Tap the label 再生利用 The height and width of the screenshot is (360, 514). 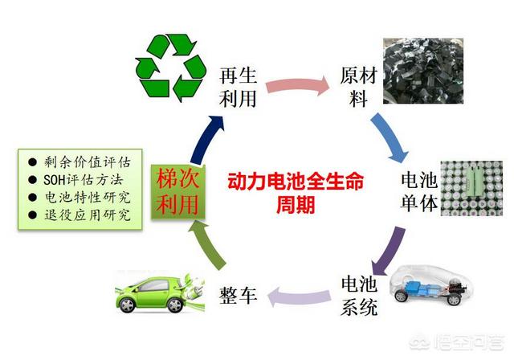coord(238,88)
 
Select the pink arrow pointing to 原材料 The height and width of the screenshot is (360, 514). coord(297,86)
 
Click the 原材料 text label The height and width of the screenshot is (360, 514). coord(358,88)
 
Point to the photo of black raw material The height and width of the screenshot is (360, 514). coord(423,71)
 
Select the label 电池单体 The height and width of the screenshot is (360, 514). coord(419,192)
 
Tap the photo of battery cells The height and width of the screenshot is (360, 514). coord(471,188)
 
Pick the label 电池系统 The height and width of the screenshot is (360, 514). coord(359,296)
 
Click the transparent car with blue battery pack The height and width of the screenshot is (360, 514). coord(431,284)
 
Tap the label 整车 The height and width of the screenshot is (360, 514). coord(238,295)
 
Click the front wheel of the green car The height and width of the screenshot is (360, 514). coord(127,305)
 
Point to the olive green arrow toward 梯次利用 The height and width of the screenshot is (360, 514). coord(206,244)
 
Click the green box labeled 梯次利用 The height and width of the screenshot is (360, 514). coord(178,192)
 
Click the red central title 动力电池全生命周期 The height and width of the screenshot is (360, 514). coord(296,193)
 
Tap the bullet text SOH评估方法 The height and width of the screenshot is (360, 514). coord(84,180)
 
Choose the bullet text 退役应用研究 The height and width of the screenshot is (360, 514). coord(88,215)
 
